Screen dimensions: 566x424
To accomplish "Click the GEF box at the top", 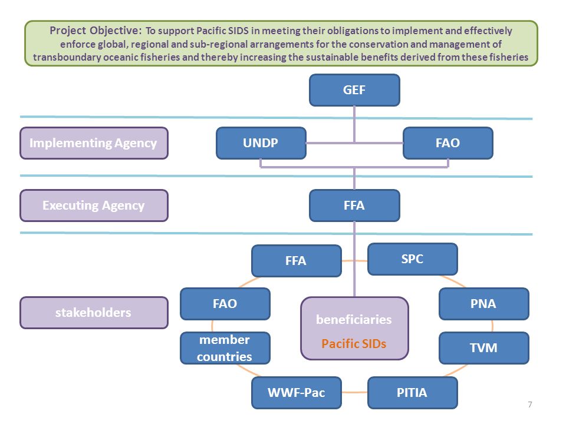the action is [354, 90].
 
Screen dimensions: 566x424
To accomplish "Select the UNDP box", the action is [261, 143].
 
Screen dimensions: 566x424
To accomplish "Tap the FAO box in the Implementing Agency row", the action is [448, 143].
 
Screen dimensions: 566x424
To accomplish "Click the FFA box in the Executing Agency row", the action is [354, 206].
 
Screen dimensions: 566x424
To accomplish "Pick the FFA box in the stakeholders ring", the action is [297, 261].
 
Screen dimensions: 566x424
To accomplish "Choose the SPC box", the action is [413, 259].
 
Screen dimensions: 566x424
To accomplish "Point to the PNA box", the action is [484, 304].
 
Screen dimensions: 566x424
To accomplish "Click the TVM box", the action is [484, 348].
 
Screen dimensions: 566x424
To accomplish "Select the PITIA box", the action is [413, 393].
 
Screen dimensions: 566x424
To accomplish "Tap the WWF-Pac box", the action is [297, 393].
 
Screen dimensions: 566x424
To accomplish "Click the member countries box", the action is [225, 348].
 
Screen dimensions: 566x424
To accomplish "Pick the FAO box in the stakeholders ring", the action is [225, 304].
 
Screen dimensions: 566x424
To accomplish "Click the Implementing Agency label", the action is [94, 143].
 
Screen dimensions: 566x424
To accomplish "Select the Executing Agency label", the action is [94, 206].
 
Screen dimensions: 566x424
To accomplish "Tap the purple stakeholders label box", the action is [94, 313].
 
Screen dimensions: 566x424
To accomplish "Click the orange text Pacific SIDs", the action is [354, 343].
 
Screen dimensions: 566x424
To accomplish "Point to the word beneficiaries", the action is [354, 319].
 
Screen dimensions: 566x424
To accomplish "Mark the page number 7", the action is [530, 405].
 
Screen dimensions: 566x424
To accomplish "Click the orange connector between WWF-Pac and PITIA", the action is [354, 392].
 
